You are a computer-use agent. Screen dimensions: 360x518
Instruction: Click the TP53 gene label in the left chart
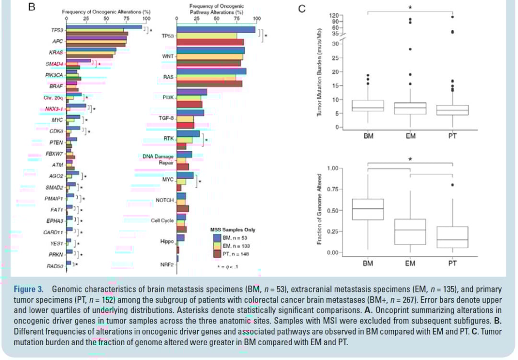click(x=58, y=30)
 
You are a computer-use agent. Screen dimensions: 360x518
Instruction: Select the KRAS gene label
click(x=56, y=52)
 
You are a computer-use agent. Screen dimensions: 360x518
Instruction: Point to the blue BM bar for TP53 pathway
click(x=216, y=30)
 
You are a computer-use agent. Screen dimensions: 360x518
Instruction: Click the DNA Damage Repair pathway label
click(x=158, y=160)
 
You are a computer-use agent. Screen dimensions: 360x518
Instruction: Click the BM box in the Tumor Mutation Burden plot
click(x=368, y=106)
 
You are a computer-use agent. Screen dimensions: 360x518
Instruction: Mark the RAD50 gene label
click(x=56, y=264)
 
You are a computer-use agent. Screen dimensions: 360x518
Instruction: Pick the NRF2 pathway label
click(x=166, y=264)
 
